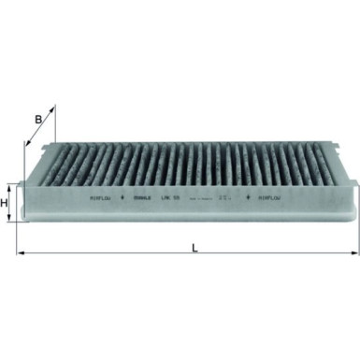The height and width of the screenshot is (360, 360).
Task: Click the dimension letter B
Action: [37, 119]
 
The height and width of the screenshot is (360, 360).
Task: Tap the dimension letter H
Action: [5, 203]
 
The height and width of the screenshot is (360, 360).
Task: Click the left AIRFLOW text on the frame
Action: [101, 198]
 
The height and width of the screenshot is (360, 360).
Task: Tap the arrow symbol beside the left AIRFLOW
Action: [124, 198]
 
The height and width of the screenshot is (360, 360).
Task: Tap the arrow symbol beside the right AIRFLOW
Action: [250, 198]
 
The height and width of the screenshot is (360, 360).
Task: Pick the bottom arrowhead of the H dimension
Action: [12, 222]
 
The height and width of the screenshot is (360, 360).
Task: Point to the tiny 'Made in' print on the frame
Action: [214, 198]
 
